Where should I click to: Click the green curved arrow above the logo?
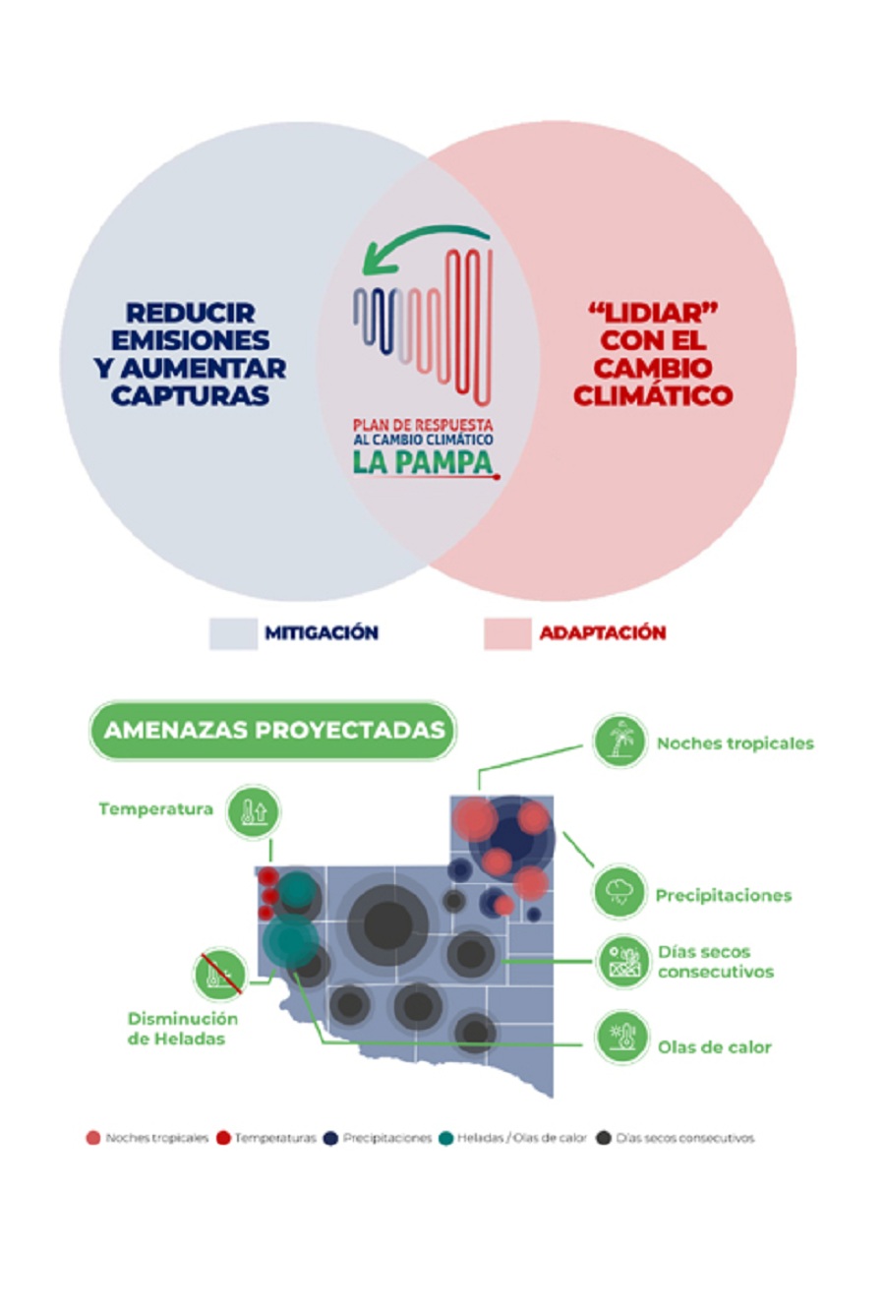coord(423,242)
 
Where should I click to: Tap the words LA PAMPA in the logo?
coord(423,462)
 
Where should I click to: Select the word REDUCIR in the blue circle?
coord(191,314)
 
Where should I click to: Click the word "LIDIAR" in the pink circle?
coord(653,314)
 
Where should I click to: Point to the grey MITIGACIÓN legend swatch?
coord(233,633)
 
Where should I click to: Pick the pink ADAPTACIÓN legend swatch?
coord(507,633)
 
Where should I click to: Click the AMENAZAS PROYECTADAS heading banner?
coord(273,731)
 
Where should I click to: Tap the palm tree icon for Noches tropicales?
coord(619,741)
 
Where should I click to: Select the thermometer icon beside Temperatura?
coord(253,811)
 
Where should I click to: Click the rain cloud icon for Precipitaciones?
coord(619,893)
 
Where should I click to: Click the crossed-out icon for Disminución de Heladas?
coord(219,974)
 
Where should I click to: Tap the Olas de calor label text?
coord(714,1047)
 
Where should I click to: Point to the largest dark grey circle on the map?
coord(387,925)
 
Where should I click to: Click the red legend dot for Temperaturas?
coord(223,1138)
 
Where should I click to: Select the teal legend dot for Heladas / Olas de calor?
coord(445,1138)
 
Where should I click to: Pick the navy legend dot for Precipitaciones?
coord(331,1138)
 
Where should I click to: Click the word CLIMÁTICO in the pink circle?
coord(653,396)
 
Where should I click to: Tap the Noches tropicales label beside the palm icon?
coord(735,743)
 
